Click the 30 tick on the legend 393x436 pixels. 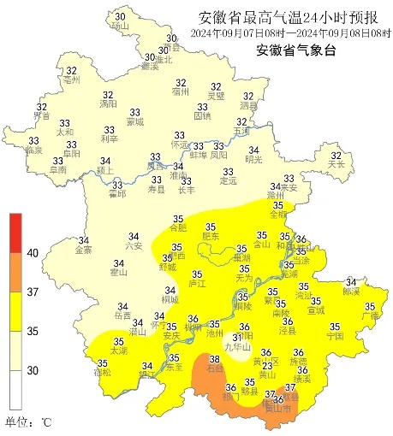tap(33, 370)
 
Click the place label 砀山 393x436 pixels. tap(119, 27)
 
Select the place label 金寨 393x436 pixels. tap(84, 250)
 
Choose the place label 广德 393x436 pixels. tap(370, 316)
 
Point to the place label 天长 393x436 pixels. tap(336, 164)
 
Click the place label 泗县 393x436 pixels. tap(247, 109)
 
